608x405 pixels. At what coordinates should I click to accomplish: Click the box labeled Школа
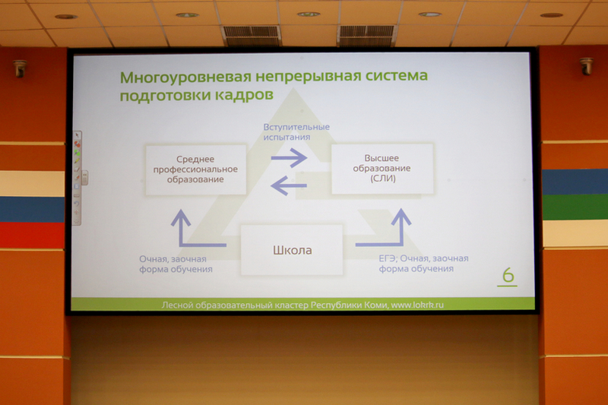click(292, 250)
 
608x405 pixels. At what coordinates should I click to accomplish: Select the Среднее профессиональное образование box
click(196, 169)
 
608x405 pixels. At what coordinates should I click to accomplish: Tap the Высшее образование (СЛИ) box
click(382, 168)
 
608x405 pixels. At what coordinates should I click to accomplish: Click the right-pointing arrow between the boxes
click(289, 157)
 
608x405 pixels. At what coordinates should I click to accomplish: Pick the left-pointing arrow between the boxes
click(289, 185)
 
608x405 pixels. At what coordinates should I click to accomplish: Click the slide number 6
click(508, 275)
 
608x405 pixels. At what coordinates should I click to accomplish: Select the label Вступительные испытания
click(296, 131)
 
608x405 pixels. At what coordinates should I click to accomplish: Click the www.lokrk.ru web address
click(417, 305)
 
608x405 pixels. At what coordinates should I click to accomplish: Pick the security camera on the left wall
click(19, 68)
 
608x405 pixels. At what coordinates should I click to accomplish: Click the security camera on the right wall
click(586, 66)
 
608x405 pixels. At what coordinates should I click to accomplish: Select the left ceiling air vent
click(252, 35)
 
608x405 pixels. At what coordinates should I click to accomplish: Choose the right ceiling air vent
click(366, 35)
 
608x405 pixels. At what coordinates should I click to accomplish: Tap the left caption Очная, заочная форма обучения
click(176, 264)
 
